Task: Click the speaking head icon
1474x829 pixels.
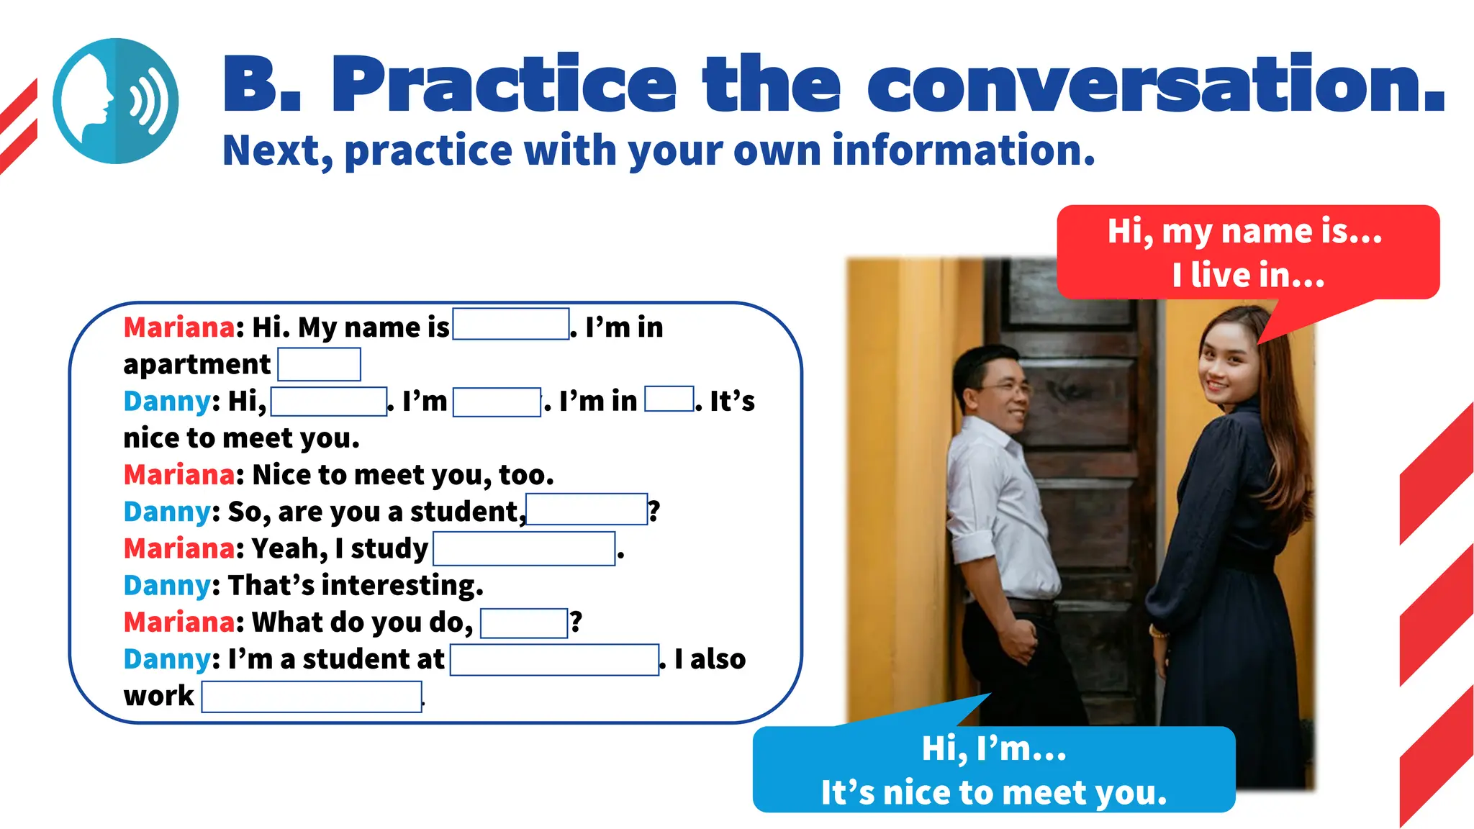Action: pyautogui.click(x=115, y=101)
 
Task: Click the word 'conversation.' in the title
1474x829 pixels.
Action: pyautogui.click(x=1155, y=85)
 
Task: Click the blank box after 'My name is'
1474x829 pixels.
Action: pyautogui.click(x=510, y=325)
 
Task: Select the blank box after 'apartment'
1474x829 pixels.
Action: pyautogui.click(x=319, y=364)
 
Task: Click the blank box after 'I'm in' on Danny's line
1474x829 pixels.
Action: pyautogui.click(x=669, y=399)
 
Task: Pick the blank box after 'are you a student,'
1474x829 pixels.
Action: pyautogui.click(x=587, y=509)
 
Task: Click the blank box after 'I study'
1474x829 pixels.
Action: pyautogui.click(x=524, y=549)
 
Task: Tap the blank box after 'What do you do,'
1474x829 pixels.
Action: pyautogui.click(x=523, y=622)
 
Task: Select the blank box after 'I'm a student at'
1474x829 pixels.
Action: pyautogui.click(x=554, y=660)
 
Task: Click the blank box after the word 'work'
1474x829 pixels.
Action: pyautogui.click(x=311, y=697)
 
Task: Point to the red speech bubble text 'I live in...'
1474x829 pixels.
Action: pyautogui.click(x=1247, y=275)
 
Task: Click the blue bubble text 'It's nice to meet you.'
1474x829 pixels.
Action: pyautogui.click(x=993, y=792)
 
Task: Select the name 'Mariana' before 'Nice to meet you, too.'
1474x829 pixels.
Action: pyautogui.click(x=178, y=475)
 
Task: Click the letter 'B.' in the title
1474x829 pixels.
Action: pyautogui.click(x=261, y=85)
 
